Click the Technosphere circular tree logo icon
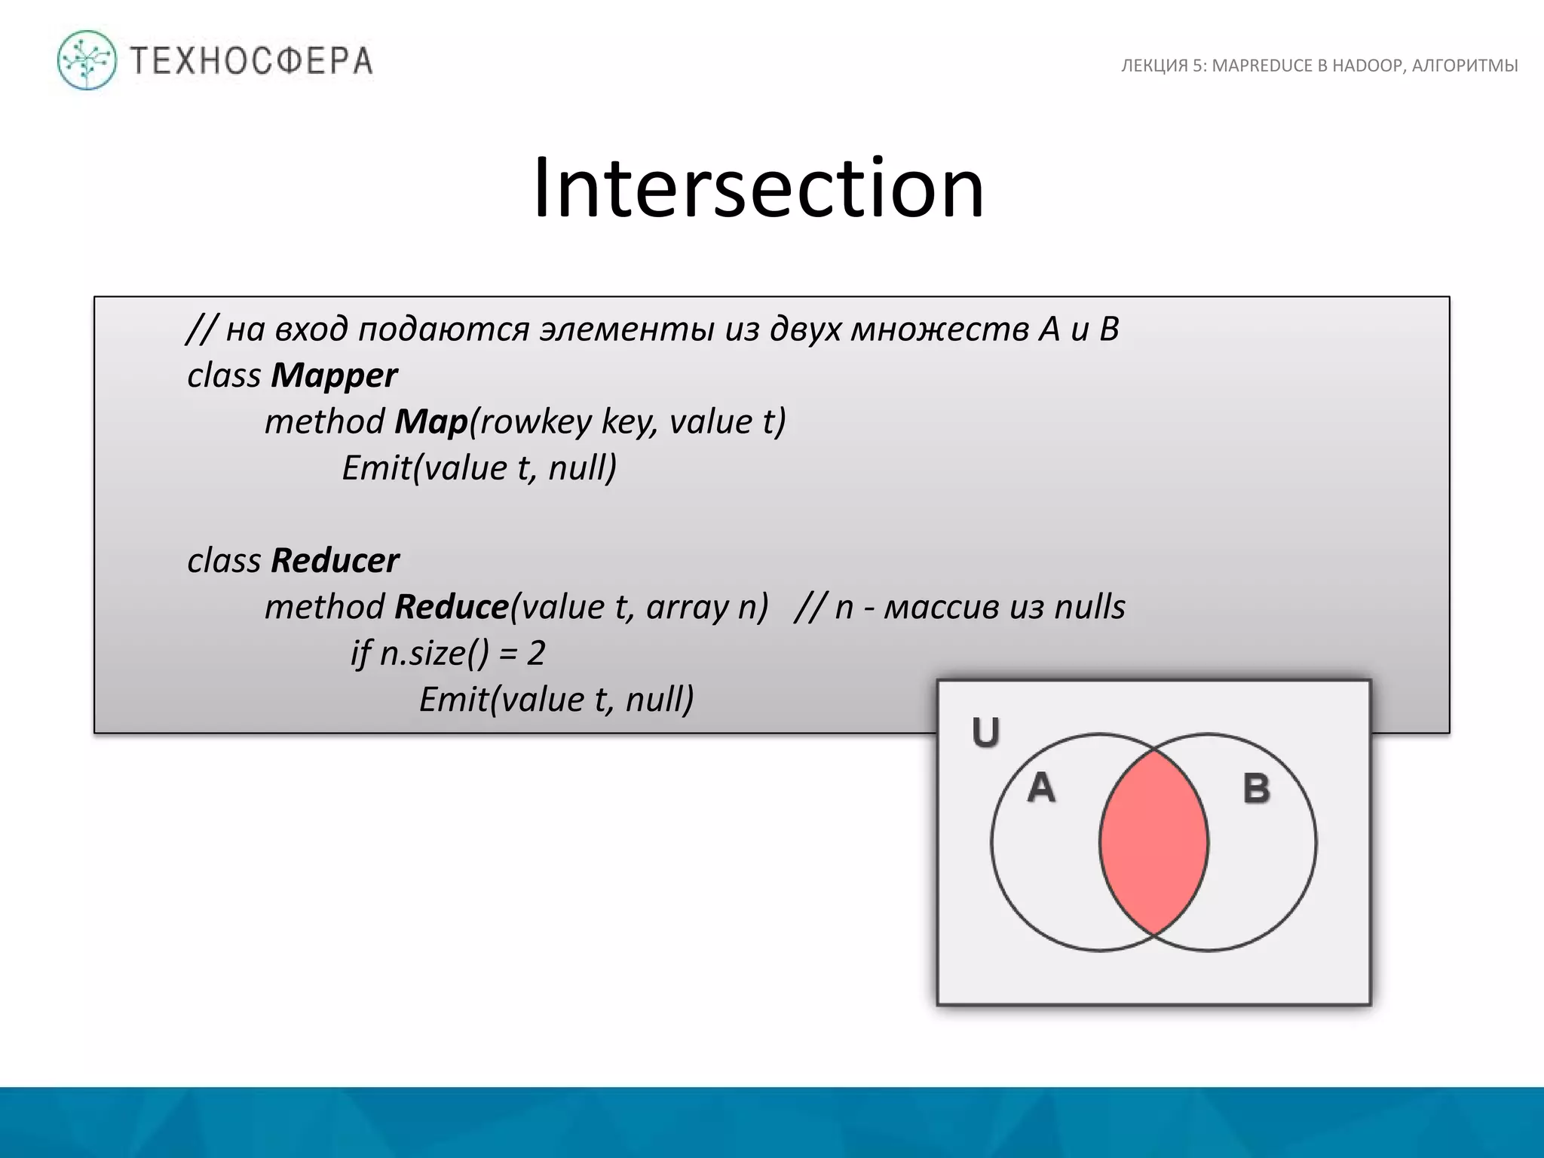click(87, 60)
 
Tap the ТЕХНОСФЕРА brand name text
click(252, 61)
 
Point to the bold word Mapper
click(334, 375)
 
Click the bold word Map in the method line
click(430, 421)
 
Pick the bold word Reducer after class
click(335, 560)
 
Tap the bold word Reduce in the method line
click(451, 607)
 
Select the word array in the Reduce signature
click(687, 607)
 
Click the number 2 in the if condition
click(535, 653)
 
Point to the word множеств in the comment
click(939, 329)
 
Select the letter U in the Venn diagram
click(985, 732)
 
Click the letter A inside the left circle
click(1041, 788)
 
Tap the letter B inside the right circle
click(1256, 789)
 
